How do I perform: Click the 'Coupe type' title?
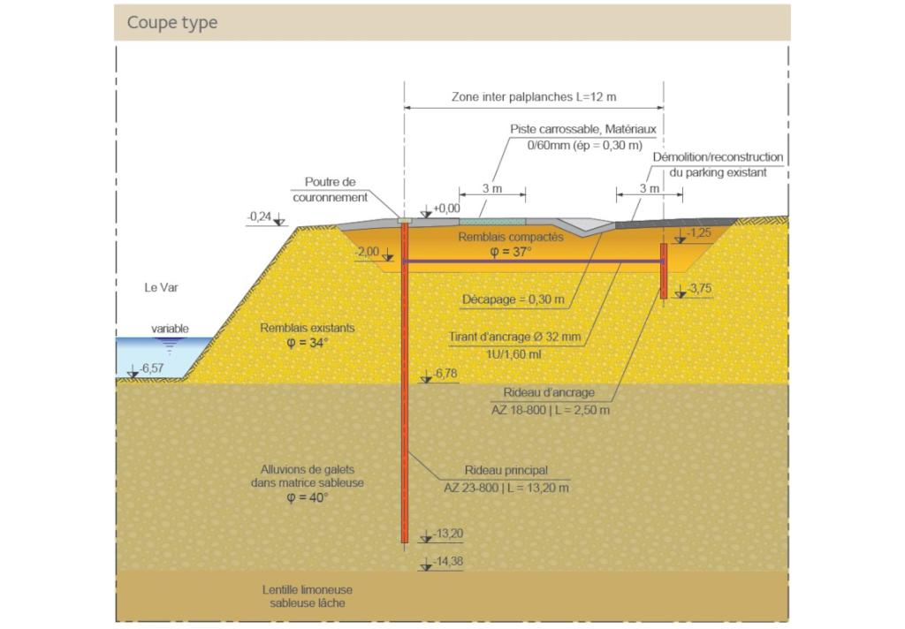(x=172, y=22)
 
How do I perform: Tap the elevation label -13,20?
(x=448, y=534)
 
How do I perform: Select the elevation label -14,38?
(x=448, y=561)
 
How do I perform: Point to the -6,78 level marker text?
(x=445, y=374)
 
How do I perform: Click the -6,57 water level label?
(x=152, y=368)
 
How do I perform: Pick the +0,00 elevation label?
(x=446, y=208)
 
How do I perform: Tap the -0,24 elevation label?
(x=259, y=216)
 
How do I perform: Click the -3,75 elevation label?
(x=700, y=288)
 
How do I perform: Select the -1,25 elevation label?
(x=699, y=232)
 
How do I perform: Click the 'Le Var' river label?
(x=161, y=287)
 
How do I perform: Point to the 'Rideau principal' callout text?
(x=506, y=470)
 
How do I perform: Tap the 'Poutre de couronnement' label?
(x=331, y=189)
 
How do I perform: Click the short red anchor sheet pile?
(x=664, y=270)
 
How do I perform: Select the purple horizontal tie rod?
(x=533, y=261)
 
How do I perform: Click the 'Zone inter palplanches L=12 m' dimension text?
(x=534, y=97)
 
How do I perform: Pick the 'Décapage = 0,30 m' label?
(x=513, y=299)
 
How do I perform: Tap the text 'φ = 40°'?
(x=308, y=497)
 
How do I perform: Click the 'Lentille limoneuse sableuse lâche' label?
(x=307, y=596)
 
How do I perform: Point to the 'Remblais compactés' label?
(x=511, y=237)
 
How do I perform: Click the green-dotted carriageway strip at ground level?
(x=492, y=222)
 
